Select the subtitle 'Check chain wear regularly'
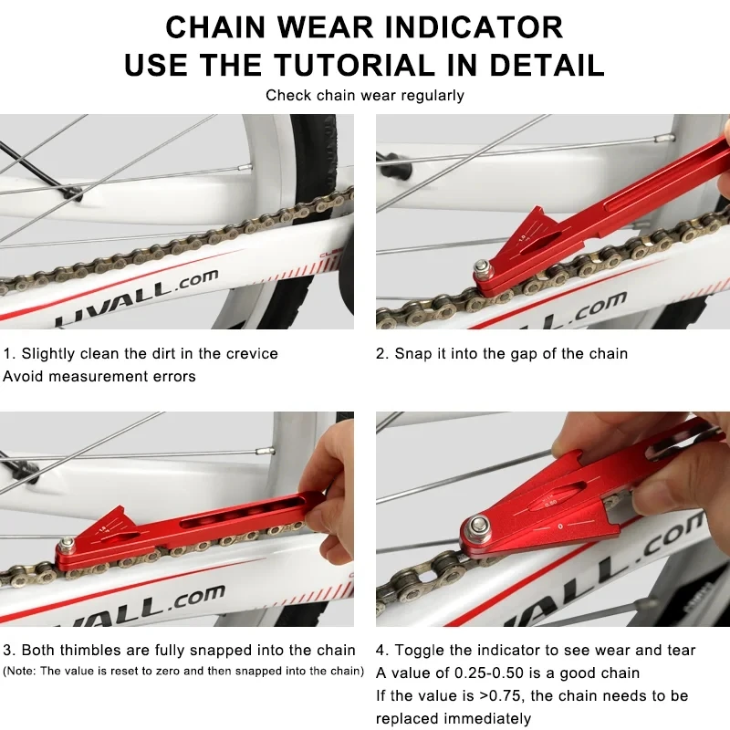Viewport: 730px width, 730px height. pyautogui.click(x=365, y=95)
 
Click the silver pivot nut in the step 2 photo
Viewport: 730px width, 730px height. pyautogui.click(x=480, y=268)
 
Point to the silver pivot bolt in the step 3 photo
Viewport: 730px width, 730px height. pyautogui.click(x=67, y=547)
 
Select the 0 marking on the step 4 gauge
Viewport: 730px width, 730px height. pyautogui.click(x=558, y=527)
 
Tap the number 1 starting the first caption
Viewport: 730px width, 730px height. pyautogui.click(x=7, y=353)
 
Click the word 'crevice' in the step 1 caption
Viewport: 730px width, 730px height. pyautogui.click(x=251, y=353)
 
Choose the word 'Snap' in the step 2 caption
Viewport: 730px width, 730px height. pyautogui.click(x=413, y=353)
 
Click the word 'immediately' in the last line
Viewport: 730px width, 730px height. pyautogui.click(x=487, y=719)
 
